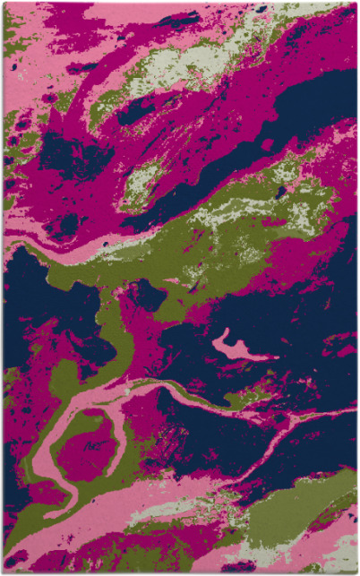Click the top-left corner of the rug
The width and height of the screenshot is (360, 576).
[4, 4]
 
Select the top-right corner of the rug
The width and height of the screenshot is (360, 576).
[356, 4]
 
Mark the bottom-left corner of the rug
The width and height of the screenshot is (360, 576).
[4, 572]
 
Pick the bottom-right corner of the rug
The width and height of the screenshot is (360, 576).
[356, 572]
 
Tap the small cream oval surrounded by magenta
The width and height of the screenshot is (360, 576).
[139, 184]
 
